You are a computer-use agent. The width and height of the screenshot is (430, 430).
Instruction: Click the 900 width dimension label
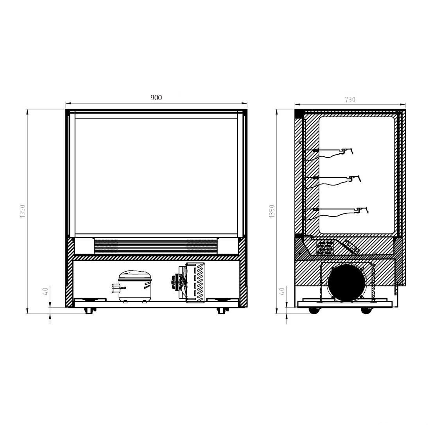pos(156,98)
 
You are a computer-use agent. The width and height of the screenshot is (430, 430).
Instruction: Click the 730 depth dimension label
pos(350,100)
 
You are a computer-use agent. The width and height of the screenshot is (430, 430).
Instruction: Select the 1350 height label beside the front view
pos(23,211)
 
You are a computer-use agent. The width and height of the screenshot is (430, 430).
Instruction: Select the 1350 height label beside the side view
pos(272,211)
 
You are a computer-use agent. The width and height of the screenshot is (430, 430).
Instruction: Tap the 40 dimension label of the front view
pos(45,291)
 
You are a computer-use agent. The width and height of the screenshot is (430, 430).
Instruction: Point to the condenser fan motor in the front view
pos(176,281)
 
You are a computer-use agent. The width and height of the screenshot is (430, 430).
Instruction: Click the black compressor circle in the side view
pos(347,283)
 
